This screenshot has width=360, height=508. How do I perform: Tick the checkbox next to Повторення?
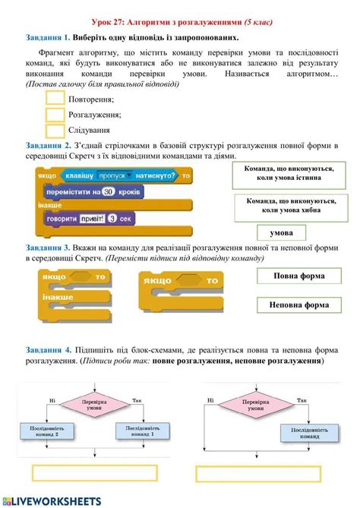pyautogui.click(x=55, y=99)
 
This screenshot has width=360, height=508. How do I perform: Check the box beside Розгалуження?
pyautogui.click(x=55, y=114)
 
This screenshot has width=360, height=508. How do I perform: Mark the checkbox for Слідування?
pyautogui.click(x=55, y=130)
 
